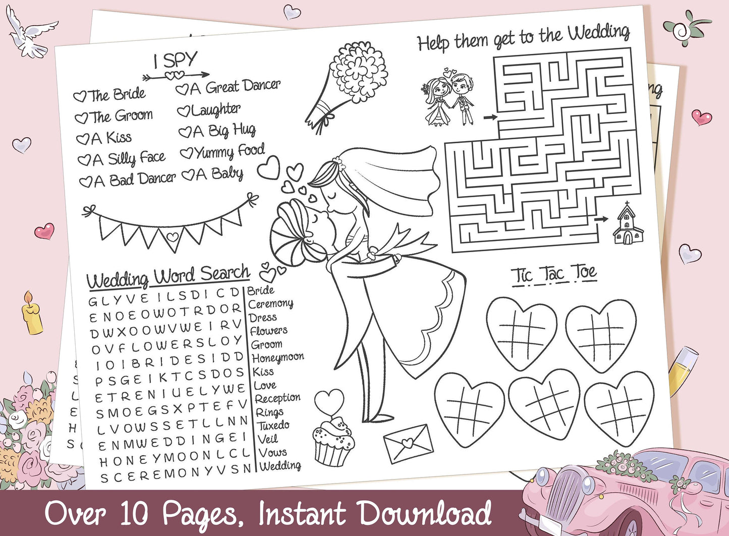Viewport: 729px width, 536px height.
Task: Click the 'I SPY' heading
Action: [x=176, y=60]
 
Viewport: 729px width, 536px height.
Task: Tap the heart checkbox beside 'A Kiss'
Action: [x=83, y=139]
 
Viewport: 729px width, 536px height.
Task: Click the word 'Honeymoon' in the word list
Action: [x=277, y=358]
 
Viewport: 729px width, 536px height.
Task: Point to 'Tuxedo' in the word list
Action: [x=273, y=426]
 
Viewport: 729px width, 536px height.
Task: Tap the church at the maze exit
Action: [x=628, y=223]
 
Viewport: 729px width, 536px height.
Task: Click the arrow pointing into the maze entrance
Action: [x=490, y=117]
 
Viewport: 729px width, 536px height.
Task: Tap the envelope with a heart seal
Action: [x=409, y=444]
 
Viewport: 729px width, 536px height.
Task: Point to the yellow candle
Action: [x=32, y=314]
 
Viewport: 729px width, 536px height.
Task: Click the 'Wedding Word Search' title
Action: [x=167, y=277]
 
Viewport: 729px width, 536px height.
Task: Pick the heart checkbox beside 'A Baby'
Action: [x=188, y=175]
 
